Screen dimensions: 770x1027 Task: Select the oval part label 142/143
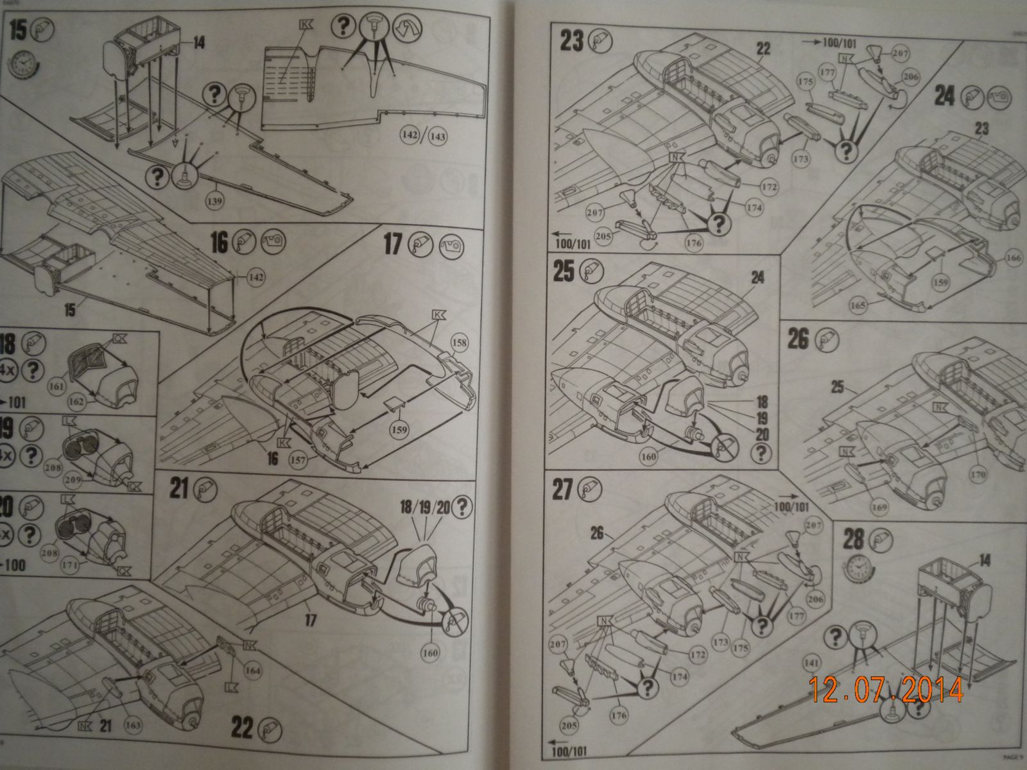point(424,136)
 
